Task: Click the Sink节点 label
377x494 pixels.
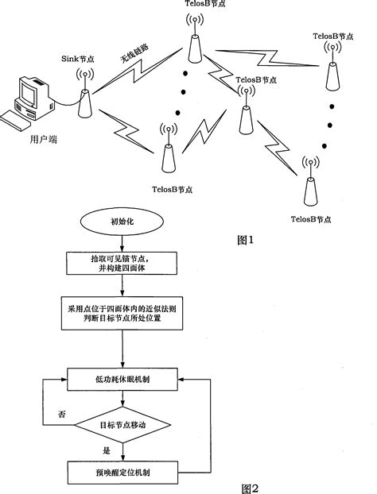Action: (80, 59)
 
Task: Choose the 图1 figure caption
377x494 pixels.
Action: (248, 239)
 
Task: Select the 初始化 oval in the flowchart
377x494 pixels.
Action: (121, 224)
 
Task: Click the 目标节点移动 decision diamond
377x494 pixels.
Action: (121, 424)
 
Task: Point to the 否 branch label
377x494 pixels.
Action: (60, 414)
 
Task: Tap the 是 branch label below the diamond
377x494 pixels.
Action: (103, 450)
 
